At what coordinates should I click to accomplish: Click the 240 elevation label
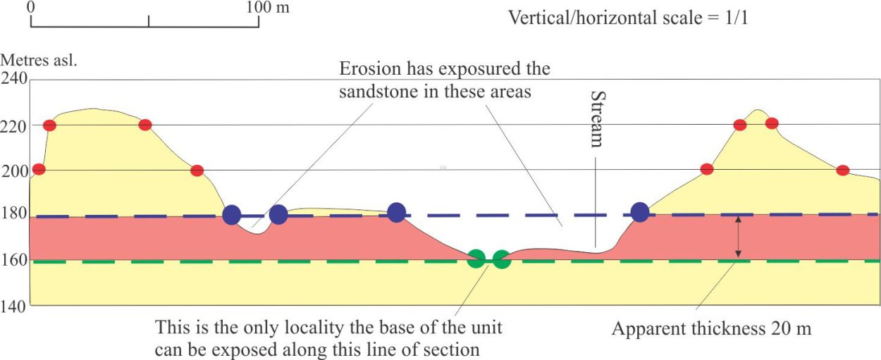pos(14,78)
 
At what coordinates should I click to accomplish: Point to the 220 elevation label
pos(13,127)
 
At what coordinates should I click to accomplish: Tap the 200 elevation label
pos(14,171)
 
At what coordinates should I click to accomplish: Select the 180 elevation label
pos(14,213)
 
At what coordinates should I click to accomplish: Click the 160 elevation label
pos(14,259)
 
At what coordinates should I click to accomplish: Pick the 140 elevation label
pos(13,306)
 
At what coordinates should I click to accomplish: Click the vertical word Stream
pos(598,119)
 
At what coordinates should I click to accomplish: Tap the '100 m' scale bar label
pos(268,7)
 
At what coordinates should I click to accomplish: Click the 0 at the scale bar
pos(31,7)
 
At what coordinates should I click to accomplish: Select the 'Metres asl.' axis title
pos(39,60)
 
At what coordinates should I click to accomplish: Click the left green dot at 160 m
pos(476,259)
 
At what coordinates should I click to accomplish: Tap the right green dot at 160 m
pos(501,259)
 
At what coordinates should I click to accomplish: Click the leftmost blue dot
pos(232,215)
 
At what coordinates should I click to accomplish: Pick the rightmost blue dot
pos(640,212)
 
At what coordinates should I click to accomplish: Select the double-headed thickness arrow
pos(738,237)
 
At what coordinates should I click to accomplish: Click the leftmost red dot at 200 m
pos(39,169)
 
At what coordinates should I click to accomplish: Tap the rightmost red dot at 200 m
pos(842,170)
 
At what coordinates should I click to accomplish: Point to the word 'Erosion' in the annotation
pos(371,68)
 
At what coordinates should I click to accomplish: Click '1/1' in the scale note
pos(737,18)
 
